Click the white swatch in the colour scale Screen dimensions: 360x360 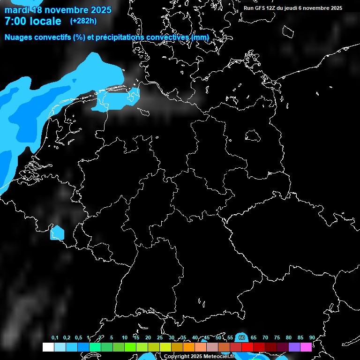point(48,347)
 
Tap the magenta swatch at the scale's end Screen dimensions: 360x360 point(306,347)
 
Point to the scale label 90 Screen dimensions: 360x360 point(312,337)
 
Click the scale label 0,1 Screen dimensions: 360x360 point(55,337)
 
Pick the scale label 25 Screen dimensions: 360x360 point(160,337)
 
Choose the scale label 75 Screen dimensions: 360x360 point(277,337)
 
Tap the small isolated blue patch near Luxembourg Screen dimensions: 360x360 point(57,232)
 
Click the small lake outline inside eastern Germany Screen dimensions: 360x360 point(254,136)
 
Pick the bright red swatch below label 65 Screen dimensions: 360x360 point(247,347)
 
